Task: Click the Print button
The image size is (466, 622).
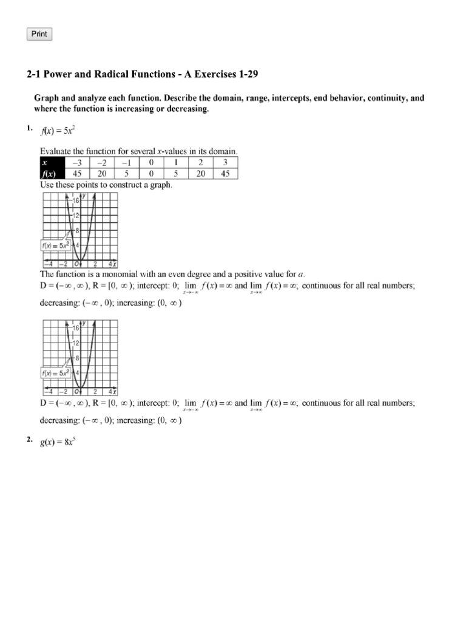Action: pos(39,34)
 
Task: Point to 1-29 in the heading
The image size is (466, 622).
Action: pos(249,75)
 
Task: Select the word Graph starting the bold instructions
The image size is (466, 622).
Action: pos(46,98)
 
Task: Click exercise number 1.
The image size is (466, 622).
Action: pos(29,128)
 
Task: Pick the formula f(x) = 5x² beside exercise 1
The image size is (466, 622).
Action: pos(58,129)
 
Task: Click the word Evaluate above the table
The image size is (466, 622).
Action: pos(57,151)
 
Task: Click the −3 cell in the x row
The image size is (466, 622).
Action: pos(77,162)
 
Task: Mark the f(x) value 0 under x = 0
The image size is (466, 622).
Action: pos(151,173)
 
